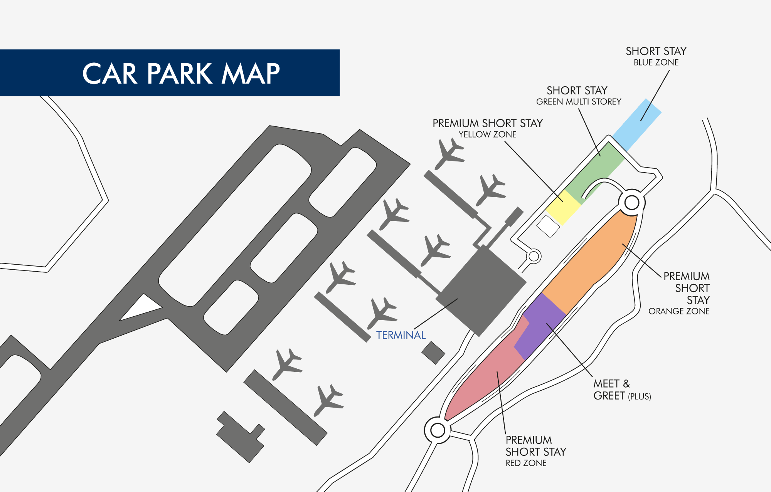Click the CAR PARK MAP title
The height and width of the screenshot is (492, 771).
[181, 73]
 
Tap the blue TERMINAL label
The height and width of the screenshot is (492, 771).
[401, 335]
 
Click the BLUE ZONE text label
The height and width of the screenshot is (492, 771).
[656, 62]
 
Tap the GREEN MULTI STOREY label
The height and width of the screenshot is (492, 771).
[579, 102]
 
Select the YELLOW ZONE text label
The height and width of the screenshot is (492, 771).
[487, 134]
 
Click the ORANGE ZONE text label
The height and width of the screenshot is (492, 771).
[679, 311]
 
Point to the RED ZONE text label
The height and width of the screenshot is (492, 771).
[526, 463]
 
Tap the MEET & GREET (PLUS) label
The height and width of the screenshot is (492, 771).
[622, 390]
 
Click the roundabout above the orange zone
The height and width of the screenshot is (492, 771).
[632, 202]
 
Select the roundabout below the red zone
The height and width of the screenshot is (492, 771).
[438, 430]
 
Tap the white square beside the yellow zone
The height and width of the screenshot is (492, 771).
[548, 226]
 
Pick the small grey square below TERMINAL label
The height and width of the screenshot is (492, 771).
[433, 353]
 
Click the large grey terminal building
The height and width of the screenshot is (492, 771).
[481, 291]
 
